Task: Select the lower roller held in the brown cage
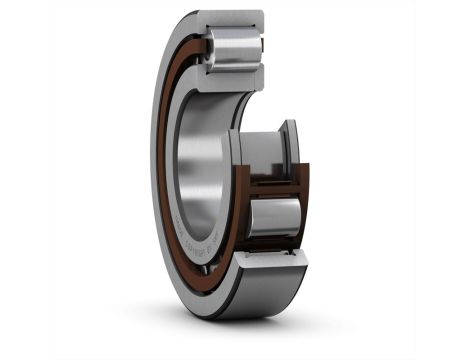(273, 216)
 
